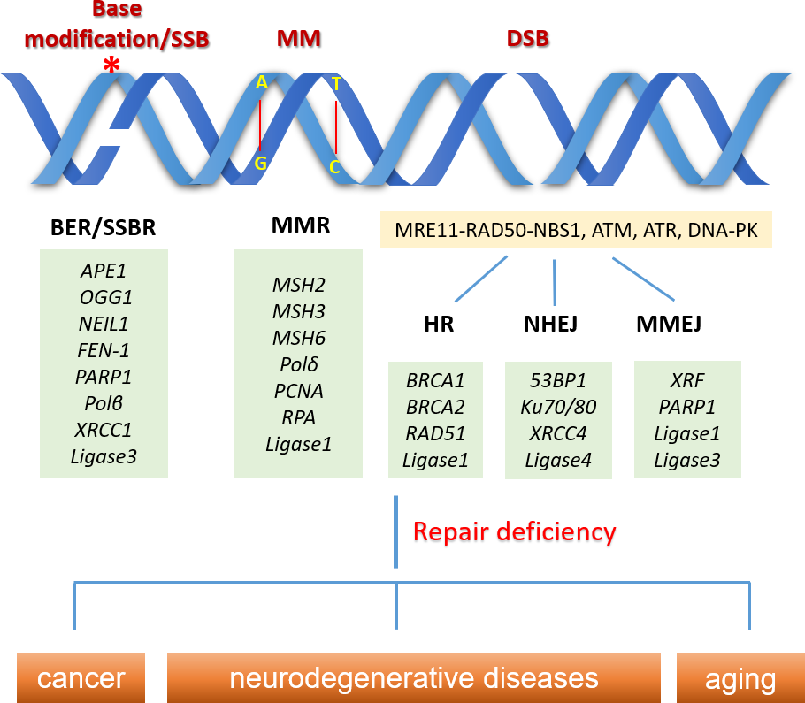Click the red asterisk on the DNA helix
tap(111, 65)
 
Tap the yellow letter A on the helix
tap(261, 83)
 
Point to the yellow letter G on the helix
tap(261, 163)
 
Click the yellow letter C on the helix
tap(335, 166)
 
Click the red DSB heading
tap(527, 39)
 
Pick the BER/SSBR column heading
tap(103, 227)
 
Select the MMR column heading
tap(301, 225)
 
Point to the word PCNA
tap(299, 391)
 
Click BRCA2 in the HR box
tap(435, 408)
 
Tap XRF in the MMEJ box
tap(687, 381)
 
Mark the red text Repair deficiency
tap(514, 531)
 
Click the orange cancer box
tap(81, 679)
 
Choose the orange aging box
tap(740, 679)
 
